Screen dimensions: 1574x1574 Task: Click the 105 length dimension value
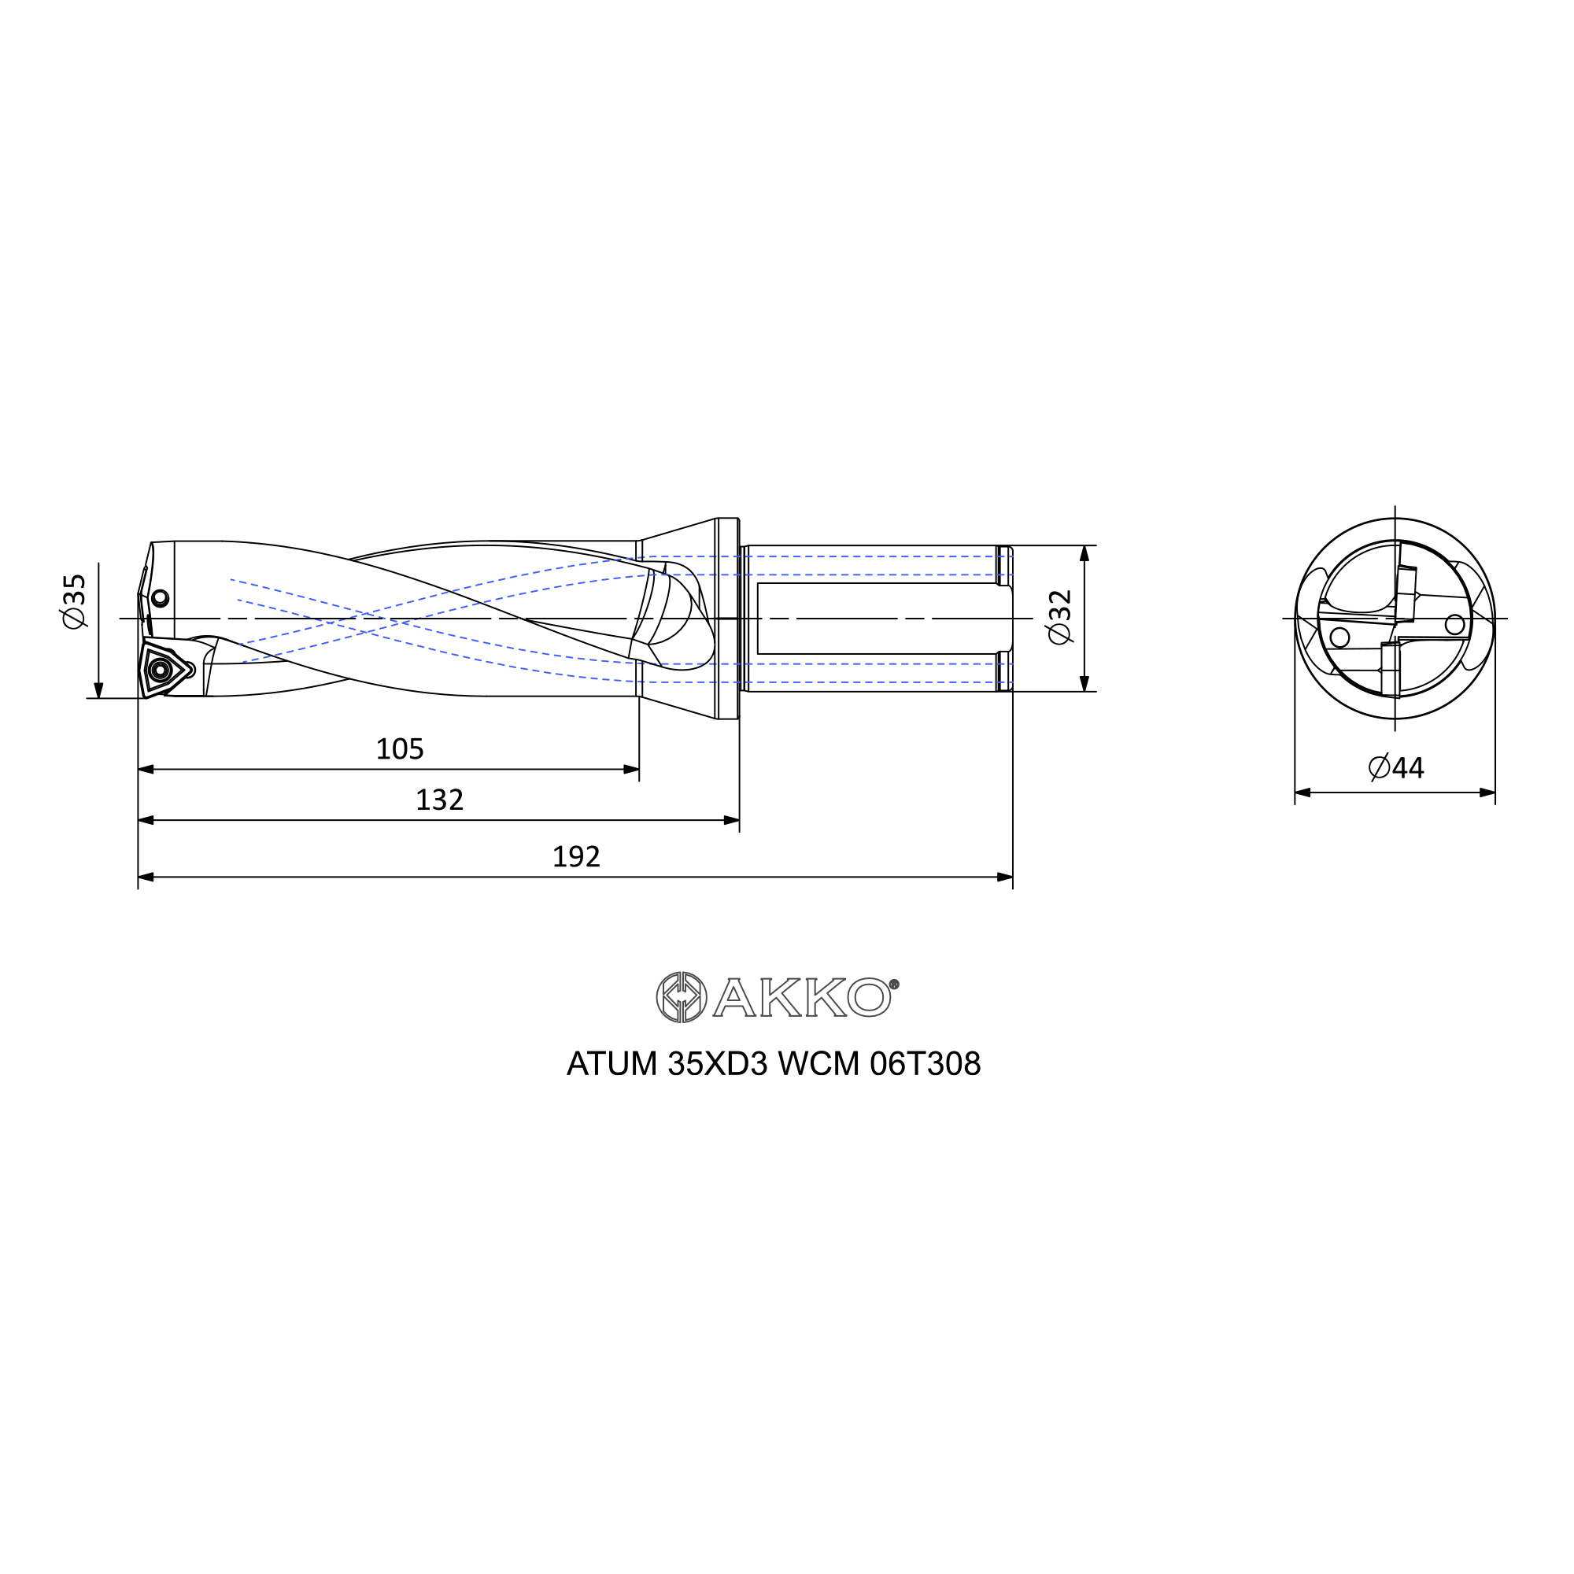coord(399,748)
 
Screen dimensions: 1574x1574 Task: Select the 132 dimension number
coord(439,800)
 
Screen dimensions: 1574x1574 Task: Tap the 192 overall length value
coord(576,857)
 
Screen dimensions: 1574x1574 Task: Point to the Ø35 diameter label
coord(73,600)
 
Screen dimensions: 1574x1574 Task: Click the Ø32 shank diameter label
coord(1061,617)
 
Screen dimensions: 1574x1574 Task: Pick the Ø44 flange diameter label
coord(1395,767)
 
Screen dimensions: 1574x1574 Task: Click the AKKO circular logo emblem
coord(681,997)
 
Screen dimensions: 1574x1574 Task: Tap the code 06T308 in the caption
coord(926,1064)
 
